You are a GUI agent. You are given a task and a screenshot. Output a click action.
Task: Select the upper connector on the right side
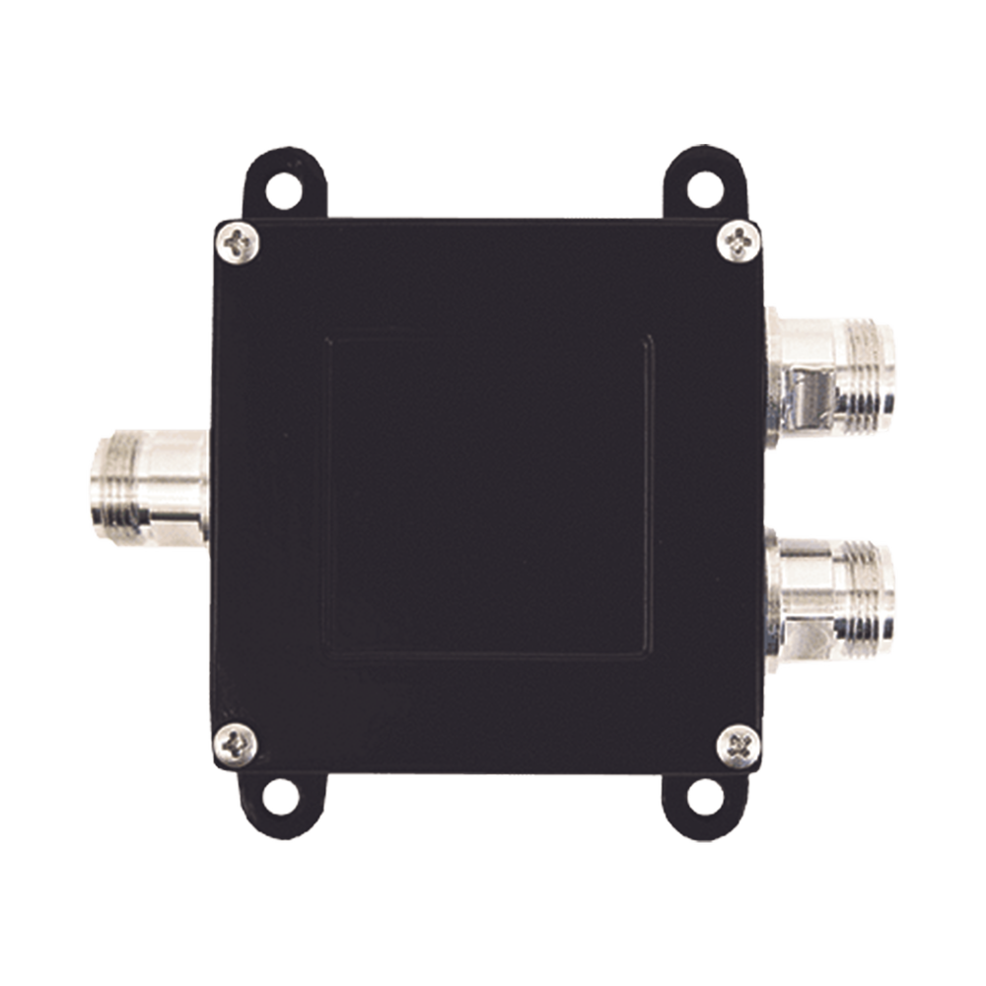(833, 370)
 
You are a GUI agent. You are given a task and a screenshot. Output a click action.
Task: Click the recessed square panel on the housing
(490, 498)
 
